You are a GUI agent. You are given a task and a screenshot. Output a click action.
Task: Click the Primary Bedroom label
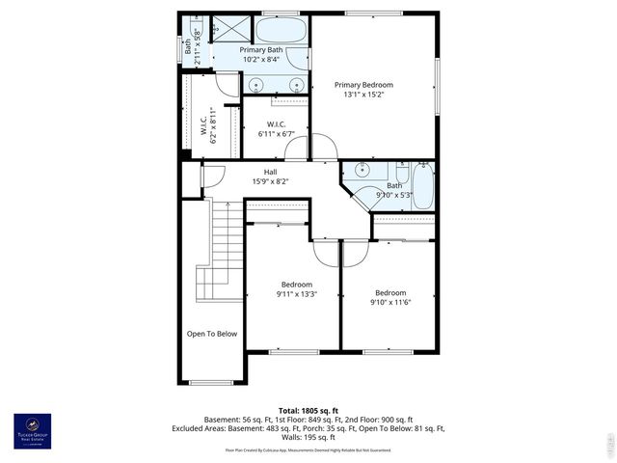point(363,85)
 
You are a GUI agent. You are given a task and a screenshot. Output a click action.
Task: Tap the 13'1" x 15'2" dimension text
point(363,95)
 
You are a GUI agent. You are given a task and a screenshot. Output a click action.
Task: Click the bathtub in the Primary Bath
point(283,30)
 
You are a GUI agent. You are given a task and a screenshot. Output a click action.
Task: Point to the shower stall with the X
point(224,29)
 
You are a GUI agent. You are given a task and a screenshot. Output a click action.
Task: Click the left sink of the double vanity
point(255,85)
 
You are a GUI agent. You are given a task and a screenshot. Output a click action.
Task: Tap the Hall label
point(270,172)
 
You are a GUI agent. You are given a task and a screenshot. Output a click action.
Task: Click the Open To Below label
point(212,334)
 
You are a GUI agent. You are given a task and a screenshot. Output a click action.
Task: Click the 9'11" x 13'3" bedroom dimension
point(297,294)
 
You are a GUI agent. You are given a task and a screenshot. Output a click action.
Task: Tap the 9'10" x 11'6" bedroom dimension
point(389,303)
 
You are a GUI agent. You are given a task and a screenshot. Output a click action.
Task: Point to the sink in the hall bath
point(362,172)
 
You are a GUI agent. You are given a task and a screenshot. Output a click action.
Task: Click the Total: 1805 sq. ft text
point(308,410)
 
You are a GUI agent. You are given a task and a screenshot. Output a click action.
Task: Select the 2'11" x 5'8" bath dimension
point(198,46)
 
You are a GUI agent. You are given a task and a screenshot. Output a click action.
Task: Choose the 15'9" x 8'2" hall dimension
point(270,181)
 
